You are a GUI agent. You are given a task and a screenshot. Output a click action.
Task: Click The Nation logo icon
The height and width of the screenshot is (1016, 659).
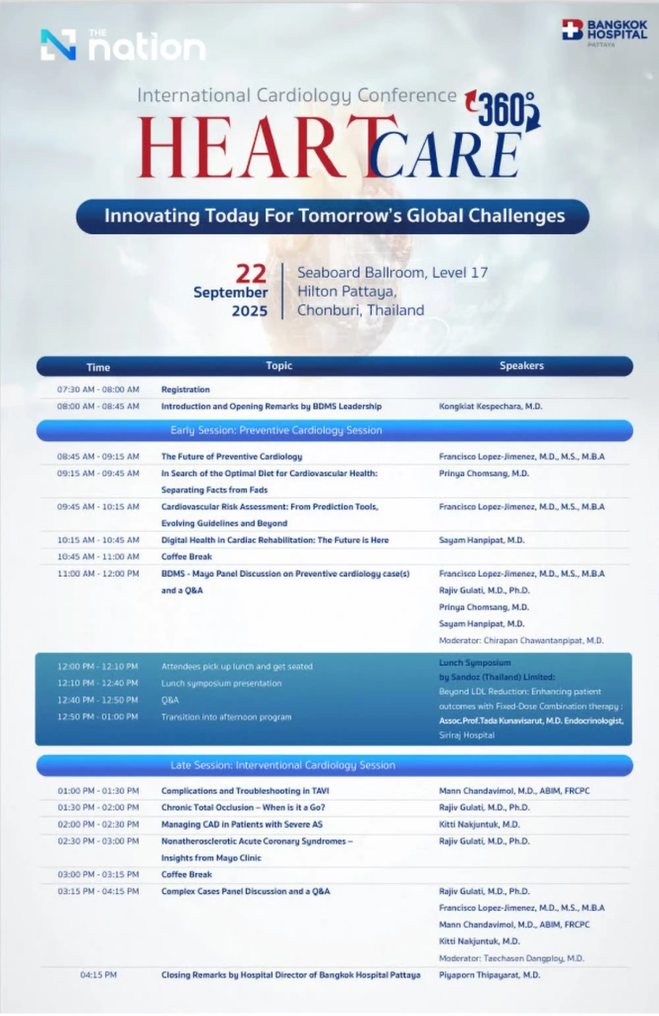pyautogui.click(x=58, y=45)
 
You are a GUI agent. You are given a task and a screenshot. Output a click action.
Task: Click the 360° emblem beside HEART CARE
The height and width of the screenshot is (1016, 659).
pyautogui.click(x=505, y=111)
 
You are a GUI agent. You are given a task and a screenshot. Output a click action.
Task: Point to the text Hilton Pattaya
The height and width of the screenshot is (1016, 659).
pyautogui.click(x=346, y=292)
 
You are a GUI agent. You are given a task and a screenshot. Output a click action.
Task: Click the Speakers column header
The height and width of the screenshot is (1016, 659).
pyautogui.click(x=521, y=366)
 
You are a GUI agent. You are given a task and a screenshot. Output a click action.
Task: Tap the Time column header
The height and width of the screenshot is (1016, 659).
pyautogui.click(x=98, y=367)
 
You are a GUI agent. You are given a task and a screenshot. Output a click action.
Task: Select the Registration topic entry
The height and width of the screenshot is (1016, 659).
pyautogui.click(x=185, y=389)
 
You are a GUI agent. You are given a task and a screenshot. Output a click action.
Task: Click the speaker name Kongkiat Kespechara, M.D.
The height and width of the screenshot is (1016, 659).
pyautogui.click(x=491, y=406)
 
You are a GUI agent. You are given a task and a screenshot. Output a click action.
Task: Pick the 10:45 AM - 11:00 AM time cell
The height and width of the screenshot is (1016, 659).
pyautogui.click(x=98, y=557)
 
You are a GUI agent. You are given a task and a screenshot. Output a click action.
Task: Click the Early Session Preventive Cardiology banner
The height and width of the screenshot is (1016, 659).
pyautogui.click(x=276, y=430)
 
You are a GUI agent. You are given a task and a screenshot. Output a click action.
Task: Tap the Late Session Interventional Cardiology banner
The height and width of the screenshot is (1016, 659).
pyautogui.click(x=282, y=765)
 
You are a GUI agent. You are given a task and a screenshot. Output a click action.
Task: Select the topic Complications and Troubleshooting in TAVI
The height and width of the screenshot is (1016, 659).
pyautogui.click(x=245, y=791)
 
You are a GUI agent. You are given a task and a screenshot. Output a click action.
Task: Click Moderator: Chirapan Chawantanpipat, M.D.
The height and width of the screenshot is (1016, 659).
pyautogui.click(x=521, y=640)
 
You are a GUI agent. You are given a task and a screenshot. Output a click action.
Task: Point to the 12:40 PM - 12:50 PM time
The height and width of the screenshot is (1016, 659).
pyautogui.click(x=98, y=700)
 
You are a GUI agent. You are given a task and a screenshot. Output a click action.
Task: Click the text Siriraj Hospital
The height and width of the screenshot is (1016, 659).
pyautogui.click(x=467, y=735)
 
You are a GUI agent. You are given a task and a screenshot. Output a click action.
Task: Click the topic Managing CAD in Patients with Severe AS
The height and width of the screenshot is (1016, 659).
pyautogui.click(x=242, y=824)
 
